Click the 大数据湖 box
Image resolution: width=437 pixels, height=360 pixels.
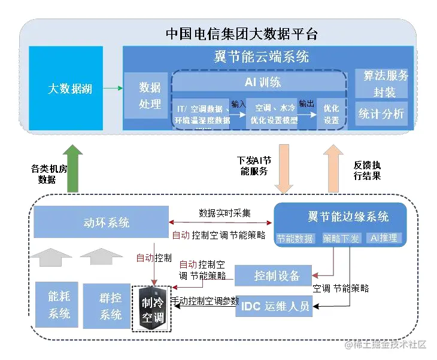(69, 89)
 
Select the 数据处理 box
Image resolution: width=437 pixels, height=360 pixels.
(150, 96)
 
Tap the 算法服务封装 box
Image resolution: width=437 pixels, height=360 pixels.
(381, 84)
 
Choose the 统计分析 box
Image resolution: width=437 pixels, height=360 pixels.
(381, 114)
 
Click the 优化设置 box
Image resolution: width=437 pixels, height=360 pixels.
(331, 112)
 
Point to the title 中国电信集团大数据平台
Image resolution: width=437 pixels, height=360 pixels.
(241, 33)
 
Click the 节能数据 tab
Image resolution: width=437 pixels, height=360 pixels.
(295, 238)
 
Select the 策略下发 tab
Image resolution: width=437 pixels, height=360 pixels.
(341, 238)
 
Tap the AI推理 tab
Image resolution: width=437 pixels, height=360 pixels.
(383, 238)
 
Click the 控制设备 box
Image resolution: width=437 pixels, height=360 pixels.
(273, 276)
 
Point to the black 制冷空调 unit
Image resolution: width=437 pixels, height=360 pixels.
(151, 309)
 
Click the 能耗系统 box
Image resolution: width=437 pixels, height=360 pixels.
(59, 304)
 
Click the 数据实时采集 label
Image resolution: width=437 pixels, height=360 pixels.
(225, 213)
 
